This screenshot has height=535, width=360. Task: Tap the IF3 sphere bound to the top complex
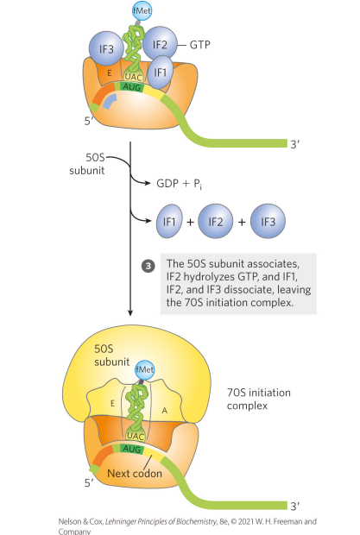coord(106,50)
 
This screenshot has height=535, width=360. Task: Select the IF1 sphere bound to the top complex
coord(157,72)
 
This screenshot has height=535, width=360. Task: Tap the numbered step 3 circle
coord(148,263)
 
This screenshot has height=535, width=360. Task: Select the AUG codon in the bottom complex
coord(133,450)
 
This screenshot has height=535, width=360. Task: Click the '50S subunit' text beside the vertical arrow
coord(86,163)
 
